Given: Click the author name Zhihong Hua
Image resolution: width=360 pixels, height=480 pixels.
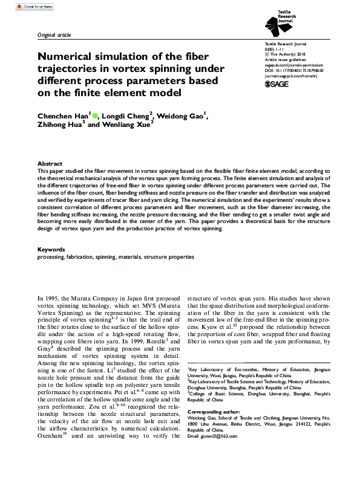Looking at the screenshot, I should click(60, 128).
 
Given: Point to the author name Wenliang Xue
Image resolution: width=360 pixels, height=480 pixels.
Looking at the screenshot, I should click(125, 128).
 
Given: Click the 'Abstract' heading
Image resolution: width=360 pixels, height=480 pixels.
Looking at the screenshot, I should click(49, 164).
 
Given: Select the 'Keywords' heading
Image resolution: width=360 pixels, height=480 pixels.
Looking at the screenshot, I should click(51, 249).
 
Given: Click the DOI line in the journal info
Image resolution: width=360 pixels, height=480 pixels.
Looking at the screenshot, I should click(298, 70).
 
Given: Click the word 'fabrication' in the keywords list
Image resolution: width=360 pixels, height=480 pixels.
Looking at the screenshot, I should click(80, 257).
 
